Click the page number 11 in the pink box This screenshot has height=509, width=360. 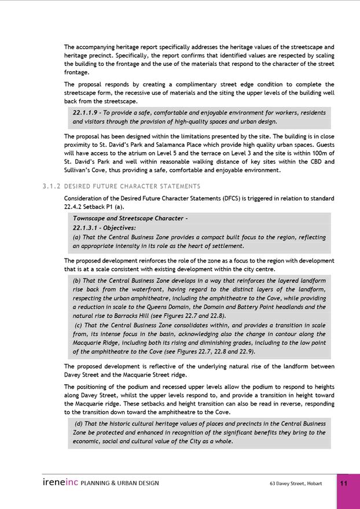pyautogui.click(x=344, y=484)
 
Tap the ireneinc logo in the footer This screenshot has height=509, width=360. pyautogui.click(x=60, y=482)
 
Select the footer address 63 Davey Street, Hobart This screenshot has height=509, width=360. pyautogui.click(x=296, y=484)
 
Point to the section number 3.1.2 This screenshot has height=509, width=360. pyautogui.click(x=52, y=186)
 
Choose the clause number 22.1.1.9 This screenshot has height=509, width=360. pyautogui.click(x=85, y=113)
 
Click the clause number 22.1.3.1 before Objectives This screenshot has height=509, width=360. pyautogui.click(x=85, y=228)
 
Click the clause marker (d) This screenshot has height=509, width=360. pyautogui.click(x=78, y=423)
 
